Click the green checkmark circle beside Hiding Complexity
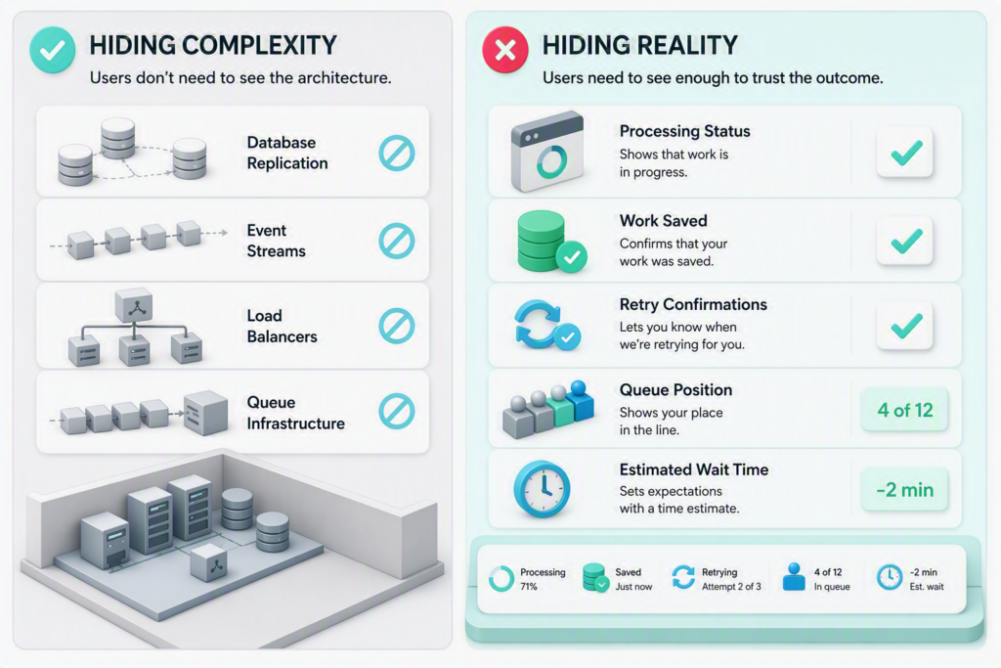click(x=53, y=49)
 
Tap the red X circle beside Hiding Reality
click(x=505, y=49)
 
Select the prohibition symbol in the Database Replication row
click(x=397, y=154)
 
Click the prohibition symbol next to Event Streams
click(x=397, y=241)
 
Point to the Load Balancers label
click(x=283, y=326)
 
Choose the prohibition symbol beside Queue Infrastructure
click(x=397, y=412)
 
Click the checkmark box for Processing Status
click(x=905, y=152)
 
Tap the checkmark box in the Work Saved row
click(x=905, y=241)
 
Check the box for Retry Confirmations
click(x=905, y=326)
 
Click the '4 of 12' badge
click(x=904, y=410)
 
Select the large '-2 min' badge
click(x=904, y=490)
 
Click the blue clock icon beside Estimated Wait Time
click(x=542, y=489)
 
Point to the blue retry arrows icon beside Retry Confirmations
click(x=546, y=326)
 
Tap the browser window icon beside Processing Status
click(x=547, y=152)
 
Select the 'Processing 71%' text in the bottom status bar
click(x=543, y=579)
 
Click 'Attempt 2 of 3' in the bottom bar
click(x=731, y=586)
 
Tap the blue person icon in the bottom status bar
click(x=794, y=577)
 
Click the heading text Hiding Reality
click(x=639, y=45)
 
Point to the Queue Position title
click(x=676, y=389)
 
